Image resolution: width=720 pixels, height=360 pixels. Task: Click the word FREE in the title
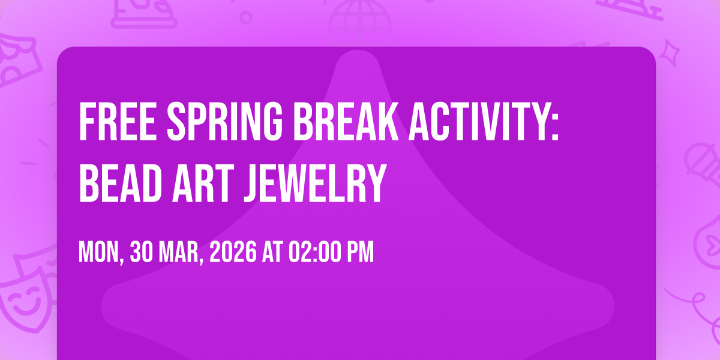[118, 121]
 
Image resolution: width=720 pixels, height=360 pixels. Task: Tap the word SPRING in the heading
[224, 121]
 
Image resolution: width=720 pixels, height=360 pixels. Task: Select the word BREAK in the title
[346, 121]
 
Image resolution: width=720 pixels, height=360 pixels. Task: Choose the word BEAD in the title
[120, 183]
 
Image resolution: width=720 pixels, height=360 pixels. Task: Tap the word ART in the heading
[203, 183]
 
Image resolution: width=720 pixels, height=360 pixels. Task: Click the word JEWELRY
[314, 183]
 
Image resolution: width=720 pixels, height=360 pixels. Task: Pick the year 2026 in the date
[233, 252]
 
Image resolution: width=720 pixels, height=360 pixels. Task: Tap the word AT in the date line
[272, 252]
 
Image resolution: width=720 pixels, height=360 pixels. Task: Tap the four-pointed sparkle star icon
[670, 53]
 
